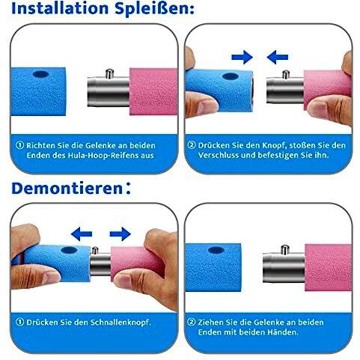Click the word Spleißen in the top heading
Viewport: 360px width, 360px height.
pos(154,8)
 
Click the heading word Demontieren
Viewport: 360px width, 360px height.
pos(67,189)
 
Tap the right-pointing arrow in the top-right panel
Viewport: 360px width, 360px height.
pos(242,57)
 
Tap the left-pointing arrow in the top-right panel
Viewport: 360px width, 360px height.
pos(278,57)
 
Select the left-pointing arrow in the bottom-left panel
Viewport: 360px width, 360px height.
pos(82,234)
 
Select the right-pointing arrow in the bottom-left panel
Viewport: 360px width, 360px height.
pos(120,234)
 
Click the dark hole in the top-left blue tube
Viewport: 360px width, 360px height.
pos(41,74)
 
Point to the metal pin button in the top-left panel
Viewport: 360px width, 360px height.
pos(109,73)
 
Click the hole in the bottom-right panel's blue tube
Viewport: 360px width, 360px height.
pos(216,250)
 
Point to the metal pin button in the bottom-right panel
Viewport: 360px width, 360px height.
pos(285,250)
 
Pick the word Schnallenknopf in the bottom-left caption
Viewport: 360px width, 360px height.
pos(120,323)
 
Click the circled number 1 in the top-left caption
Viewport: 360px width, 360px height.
pos(20,145)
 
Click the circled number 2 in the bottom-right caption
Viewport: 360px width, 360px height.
pos(192,322)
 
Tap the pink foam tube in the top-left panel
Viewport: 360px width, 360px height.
pos(153,91)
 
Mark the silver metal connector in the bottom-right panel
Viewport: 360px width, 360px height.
pos(284,268)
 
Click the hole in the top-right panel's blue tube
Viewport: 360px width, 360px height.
pos(231,76)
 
